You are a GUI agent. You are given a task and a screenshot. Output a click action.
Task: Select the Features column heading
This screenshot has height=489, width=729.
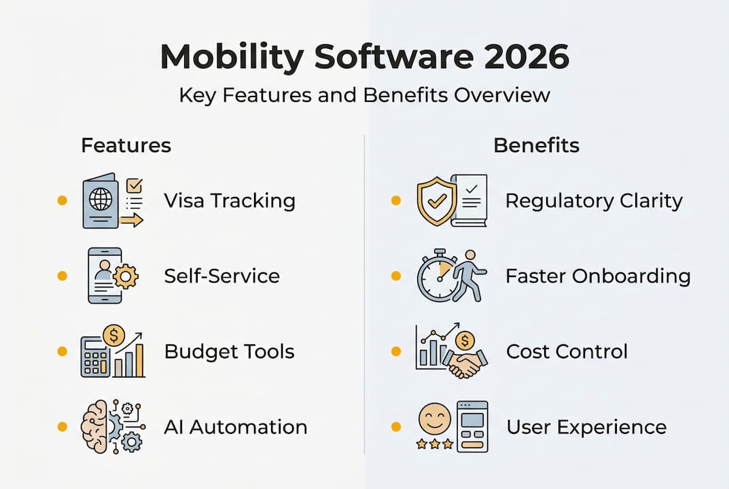[126, 145]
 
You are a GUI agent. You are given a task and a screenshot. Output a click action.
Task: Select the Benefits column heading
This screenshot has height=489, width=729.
[536, 145]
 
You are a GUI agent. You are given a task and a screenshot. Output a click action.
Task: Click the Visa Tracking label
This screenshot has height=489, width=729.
[230, 201]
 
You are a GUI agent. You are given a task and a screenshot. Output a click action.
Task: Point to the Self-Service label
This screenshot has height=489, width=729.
[221, 276]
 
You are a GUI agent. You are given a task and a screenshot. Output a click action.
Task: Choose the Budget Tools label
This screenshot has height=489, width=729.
[229, 352]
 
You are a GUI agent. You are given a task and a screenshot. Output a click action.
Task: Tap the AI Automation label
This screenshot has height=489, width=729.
[235, 427]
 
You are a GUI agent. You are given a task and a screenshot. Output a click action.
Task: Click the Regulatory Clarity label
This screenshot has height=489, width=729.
[594, 201]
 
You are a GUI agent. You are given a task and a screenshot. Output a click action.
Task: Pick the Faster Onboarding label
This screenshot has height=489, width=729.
[598, 276]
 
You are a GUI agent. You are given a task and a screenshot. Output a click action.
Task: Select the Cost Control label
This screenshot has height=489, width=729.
[567, 352]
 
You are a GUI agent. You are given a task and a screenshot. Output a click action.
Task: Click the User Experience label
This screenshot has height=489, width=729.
[586, 427]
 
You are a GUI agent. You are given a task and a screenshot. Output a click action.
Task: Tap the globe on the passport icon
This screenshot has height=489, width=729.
[100, 200]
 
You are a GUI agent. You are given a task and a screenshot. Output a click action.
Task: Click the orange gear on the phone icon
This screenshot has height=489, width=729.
[126, 276]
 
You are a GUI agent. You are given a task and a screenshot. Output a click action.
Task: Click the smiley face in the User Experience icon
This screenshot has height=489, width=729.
[435, 416]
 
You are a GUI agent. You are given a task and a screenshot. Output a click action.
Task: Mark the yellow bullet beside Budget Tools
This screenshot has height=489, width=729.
[63, 352]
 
